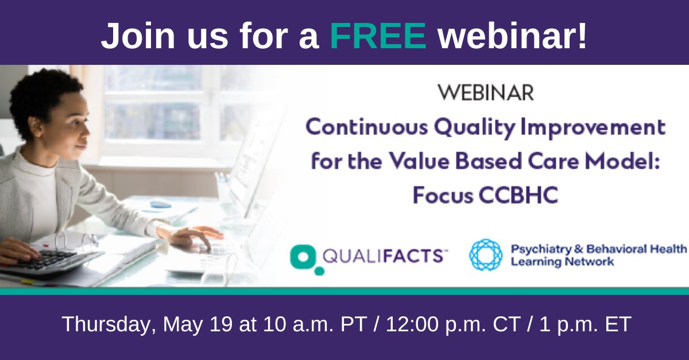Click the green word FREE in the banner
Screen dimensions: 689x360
click(x=378, y=36)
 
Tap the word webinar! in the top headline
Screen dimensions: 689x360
click(x=512, y=36)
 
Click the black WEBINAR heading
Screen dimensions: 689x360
click(x=486, y=92)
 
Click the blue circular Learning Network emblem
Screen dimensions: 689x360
click(x=486, y=255)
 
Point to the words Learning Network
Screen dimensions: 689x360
click(x=562, y=262)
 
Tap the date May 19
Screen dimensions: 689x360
click(x=198, y=324)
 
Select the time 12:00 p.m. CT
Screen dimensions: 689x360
click(x=453, y=324)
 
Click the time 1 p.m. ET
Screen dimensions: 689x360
click(x=585, y=324)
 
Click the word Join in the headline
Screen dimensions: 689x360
click(x=138, y=36)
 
